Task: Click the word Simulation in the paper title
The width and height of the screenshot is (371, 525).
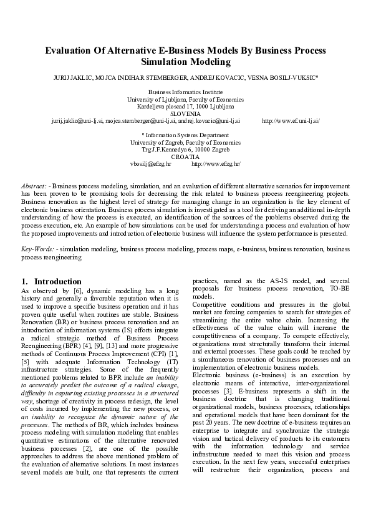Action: pyautogui.click(x=165, y=62)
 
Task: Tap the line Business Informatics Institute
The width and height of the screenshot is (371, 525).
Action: pyautogui.click(x=185, y=92)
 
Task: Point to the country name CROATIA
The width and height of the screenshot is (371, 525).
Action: pyautogui.click(x=185, y=157)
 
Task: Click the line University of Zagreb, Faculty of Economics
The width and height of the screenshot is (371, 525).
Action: pyautogui.click(x=185, y=142)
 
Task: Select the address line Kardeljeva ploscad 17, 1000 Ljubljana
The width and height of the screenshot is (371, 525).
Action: pyautogui.click(x=185, y=107)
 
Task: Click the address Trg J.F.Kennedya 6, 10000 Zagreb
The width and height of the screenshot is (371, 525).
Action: pyautogui.click(x=185, y=150)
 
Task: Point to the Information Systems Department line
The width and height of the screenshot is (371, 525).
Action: pyautogui.click(x=185, y=135)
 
